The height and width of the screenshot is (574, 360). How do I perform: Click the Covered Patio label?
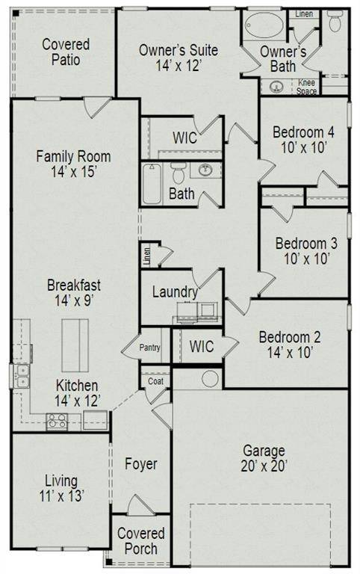66,52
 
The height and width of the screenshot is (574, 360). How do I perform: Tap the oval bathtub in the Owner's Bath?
265,25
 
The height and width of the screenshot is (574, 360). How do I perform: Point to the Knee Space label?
307,87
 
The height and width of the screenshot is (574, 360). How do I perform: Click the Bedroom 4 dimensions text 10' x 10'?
302,148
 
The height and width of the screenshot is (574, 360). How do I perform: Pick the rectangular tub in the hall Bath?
152,184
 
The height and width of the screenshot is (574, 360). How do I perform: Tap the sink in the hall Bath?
205,170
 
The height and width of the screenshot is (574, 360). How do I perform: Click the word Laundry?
176,292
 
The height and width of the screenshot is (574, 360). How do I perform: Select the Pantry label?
151,348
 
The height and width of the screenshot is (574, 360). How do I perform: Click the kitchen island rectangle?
75,345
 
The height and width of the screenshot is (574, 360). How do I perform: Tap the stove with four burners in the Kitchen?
58,422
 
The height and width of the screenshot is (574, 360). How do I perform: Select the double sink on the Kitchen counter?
22,375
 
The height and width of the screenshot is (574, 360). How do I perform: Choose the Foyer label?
140,464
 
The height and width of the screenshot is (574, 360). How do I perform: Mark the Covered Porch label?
140,541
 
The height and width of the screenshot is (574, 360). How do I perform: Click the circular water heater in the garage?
210,378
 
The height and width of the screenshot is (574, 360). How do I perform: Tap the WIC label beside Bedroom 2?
201,347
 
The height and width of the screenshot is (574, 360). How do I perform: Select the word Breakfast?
74,285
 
